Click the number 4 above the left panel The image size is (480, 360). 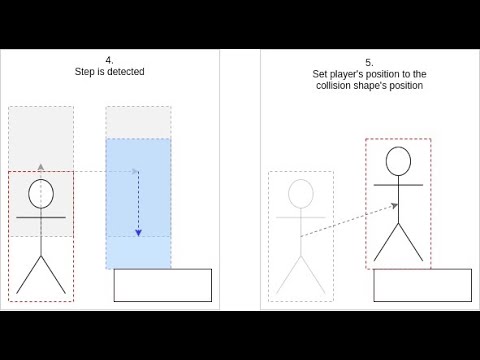109,60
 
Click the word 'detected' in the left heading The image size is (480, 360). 127,72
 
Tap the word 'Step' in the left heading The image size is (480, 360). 85,72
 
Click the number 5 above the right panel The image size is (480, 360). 369,63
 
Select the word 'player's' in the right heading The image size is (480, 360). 346,74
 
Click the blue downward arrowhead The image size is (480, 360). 138,233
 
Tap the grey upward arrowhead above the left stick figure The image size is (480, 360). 41,167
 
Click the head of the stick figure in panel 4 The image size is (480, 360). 41,194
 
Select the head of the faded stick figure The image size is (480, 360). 301,194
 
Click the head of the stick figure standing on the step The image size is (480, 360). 398,161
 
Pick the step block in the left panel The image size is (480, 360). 163,285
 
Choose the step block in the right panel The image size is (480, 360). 422,285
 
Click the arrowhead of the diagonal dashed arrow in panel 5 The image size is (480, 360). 395,206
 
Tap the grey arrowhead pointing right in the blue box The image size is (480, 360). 135,171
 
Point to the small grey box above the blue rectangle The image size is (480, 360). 138,122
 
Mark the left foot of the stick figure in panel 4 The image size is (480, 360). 17,293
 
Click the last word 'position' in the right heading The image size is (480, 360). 406,86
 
